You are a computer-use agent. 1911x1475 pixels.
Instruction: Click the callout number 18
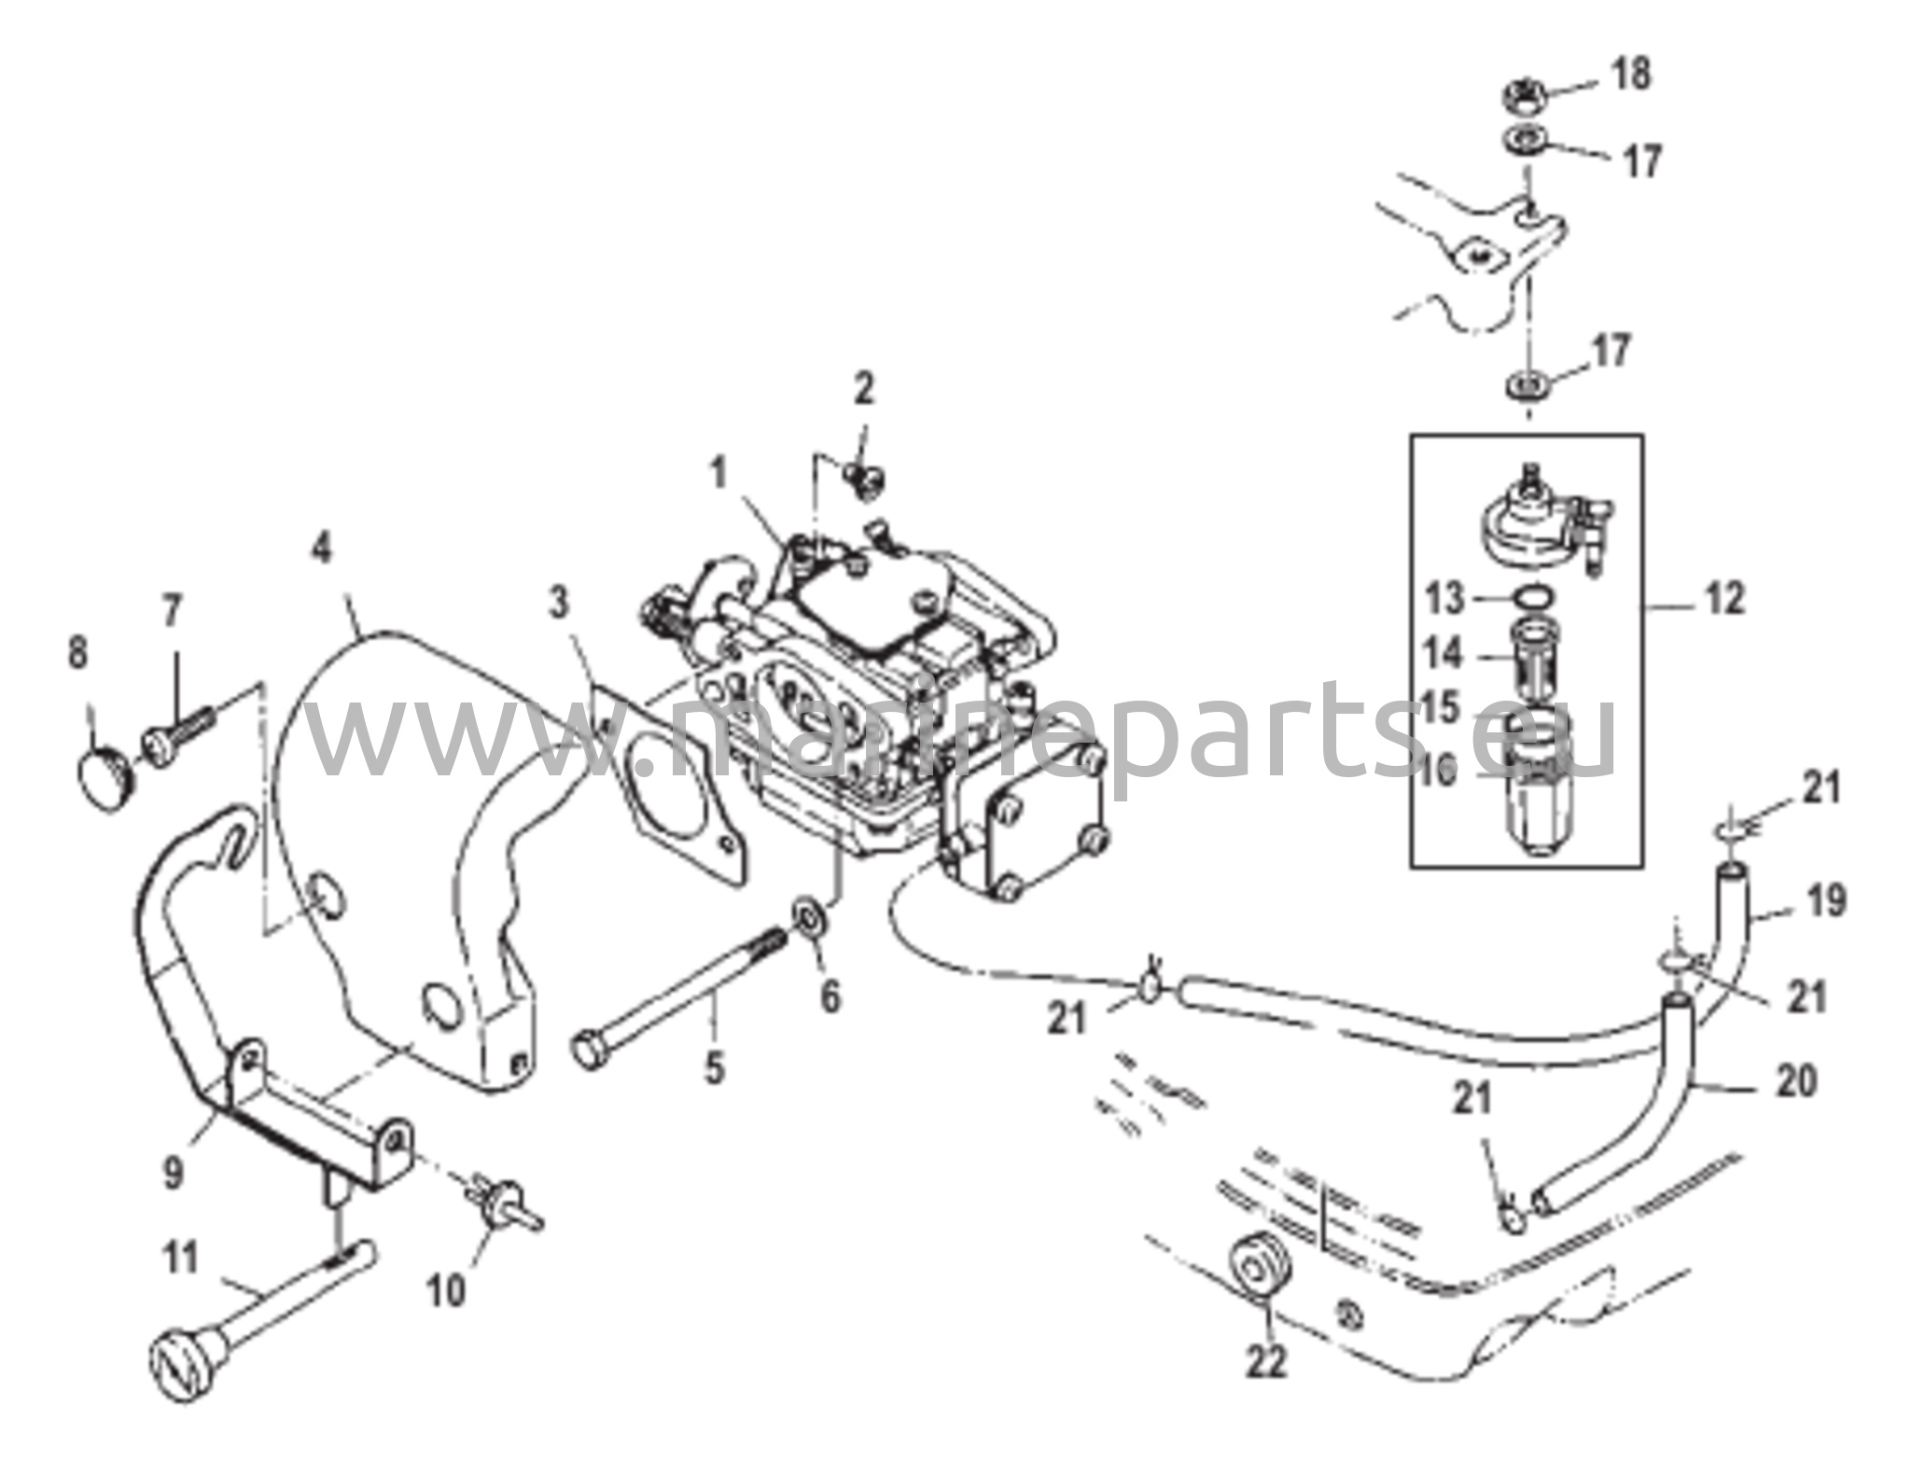(x=1631, y=74)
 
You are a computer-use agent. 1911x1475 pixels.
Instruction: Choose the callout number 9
(x=174, y=1173)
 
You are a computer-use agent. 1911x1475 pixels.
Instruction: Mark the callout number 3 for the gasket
(x=558, y=604)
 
